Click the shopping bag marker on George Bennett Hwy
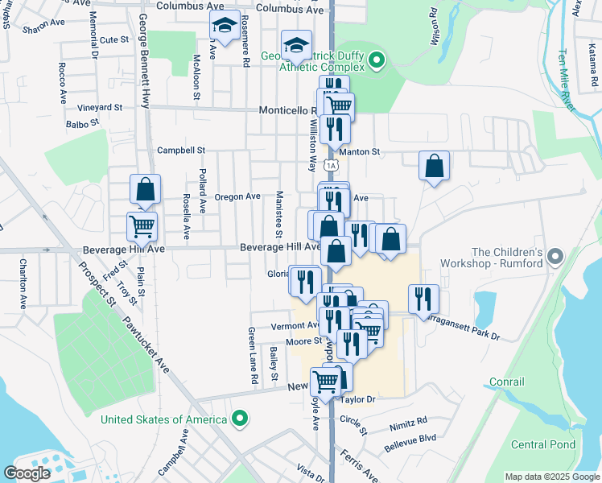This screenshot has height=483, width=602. (146, 191)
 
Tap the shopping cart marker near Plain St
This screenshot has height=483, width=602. (142, 227)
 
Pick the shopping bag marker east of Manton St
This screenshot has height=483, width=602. (434, 167)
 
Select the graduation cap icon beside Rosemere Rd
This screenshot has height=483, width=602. (225, 27)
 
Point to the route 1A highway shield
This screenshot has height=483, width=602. (331, 165)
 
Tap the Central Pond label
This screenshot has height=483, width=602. (543, 444)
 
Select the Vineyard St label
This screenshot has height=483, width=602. (99, 107)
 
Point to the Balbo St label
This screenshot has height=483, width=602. (82, 124)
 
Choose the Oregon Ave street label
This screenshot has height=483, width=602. (237, 196)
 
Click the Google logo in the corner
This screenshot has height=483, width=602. (27, 473)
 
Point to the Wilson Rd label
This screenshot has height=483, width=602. (435, 27)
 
